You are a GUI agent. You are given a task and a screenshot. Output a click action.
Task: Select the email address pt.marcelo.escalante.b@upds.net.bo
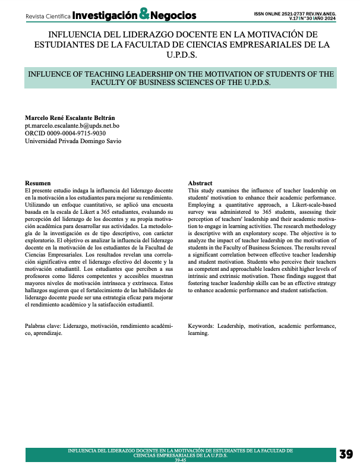tap(72, 125)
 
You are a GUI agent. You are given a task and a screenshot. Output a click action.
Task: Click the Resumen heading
tap(37, 183)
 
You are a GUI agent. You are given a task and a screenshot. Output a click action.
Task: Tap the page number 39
tap(346, 454)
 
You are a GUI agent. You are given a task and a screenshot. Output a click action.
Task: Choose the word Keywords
tap(201, 326)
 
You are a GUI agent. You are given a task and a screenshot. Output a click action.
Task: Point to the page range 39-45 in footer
tap(179, 461)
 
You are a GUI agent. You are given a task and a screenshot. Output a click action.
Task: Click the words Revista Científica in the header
tap(43, 15)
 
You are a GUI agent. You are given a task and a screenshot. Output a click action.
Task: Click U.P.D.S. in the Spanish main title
tap(179, 55)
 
